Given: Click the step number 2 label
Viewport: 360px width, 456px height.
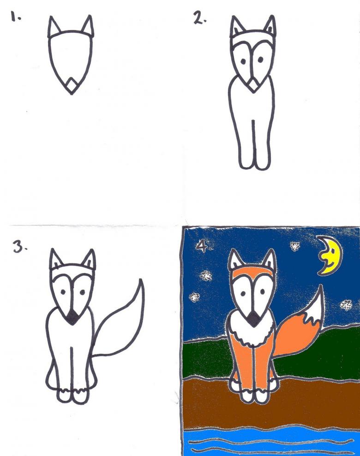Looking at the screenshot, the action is [x=199, y=18].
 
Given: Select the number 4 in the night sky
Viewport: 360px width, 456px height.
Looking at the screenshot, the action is [x=203, y=246].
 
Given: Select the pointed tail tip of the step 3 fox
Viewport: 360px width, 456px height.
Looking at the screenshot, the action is [x=141, y=280].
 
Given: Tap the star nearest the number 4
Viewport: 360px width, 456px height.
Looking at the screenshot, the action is [x=206, y=275].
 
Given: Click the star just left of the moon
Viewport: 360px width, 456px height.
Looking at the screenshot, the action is [x=295, y=246].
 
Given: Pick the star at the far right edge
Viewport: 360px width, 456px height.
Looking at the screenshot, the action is [x=346, y=305].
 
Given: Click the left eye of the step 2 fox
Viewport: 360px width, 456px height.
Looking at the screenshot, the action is [x=243, y=61].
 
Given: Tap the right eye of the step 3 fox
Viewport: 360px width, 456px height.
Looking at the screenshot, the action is [x=83, y=292].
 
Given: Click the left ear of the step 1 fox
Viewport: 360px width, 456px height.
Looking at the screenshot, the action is [x=54, y=27].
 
